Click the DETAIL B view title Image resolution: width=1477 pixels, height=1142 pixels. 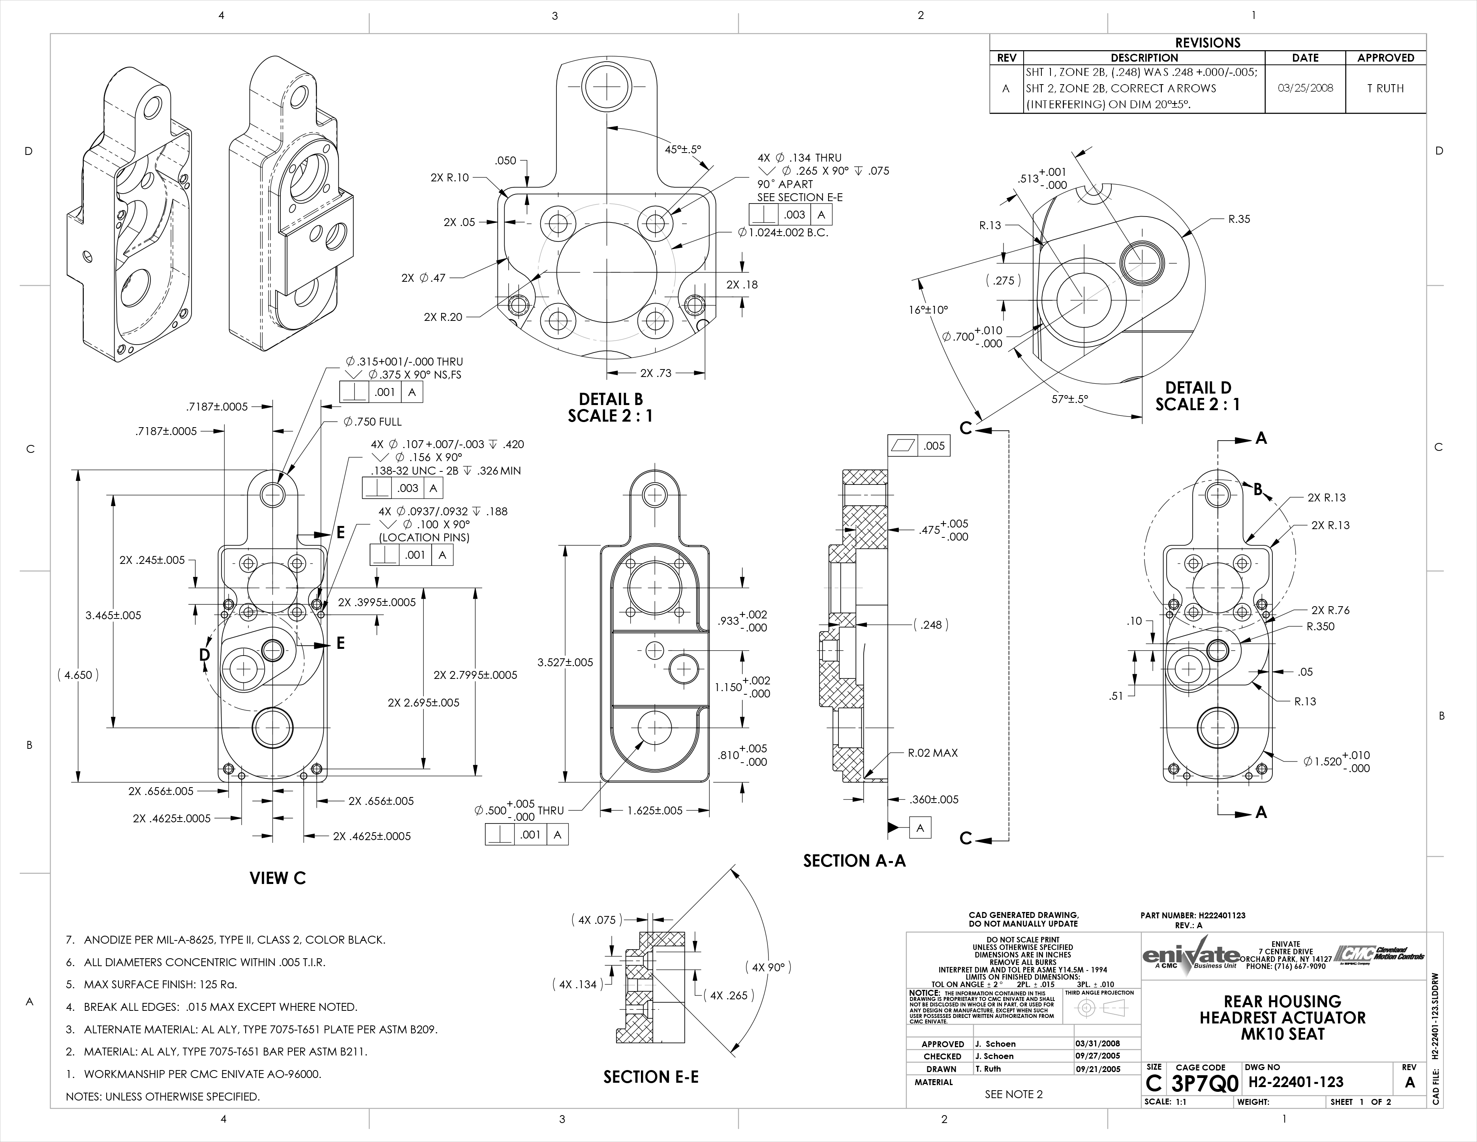(x=611, y=407)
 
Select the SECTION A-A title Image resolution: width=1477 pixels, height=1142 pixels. (x=854, y=861)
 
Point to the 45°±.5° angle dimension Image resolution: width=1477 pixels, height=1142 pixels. (x=683, y=149)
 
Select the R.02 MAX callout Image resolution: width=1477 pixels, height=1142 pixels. (x=932, y=753)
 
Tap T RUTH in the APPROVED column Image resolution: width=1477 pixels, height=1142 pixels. (x=1385, y=89)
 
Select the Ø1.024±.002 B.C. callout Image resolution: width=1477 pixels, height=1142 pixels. (x=783, y=233)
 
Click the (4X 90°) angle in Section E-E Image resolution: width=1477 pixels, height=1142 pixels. (x=768, y=967)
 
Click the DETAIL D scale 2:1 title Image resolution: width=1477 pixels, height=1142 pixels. (x=1198, y=396)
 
